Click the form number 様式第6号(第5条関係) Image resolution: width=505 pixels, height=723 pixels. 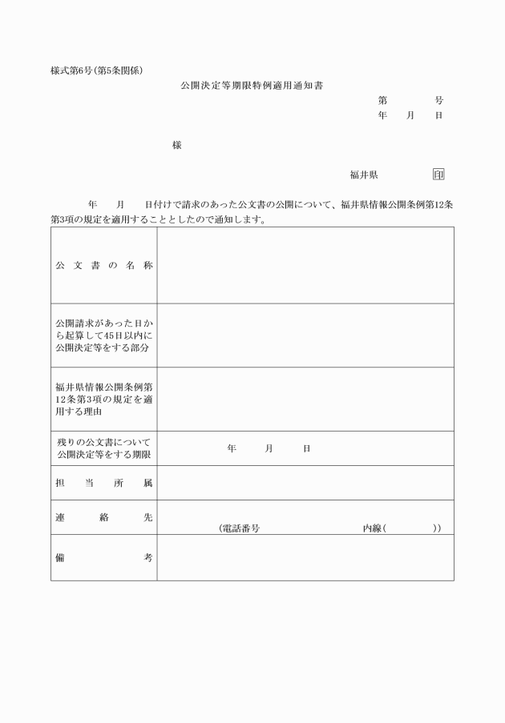(x=98, y=70)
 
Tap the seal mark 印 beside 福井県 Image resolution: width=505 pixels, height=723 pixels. (x=438, y=175)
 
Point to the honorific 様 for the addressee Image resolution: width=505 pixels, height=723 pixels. (x=176, y=145)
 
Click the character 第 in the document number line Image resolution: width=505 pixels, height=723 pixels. (x=382, y=100)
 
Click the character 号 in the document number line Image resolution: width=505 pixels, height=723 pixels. (x=438, y=100)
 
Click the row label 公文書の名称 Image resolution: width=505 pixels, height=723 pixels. (x=103, y=265)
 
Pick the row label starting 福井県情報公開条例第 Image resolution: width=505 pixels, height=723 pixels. (x=103, y=399)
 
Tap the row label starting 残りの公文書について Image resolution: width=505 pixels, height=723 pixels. (x=103, y=448)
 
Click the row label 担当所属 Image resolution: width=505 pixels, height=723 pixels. (x=103, y=484)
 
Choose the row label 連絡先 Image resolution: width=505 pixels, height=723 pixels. (x=103, y=517)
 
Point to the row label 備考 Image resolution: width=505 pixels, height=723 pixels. (x=103, y=557)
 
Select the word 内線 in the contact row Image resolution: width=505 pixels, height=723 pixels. (x=372, y=528)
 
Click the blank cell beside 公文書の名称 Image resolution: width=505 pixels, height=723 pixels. (x=305, y=265)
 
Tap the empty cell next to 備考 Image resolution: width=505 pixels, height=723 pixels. (x=305, y=557)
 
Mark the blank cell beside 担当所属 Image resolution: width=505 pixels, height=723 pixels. (x=305, y=483)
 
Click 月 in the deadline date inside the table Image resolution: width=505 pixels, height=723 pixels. (x=269, y=448)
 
